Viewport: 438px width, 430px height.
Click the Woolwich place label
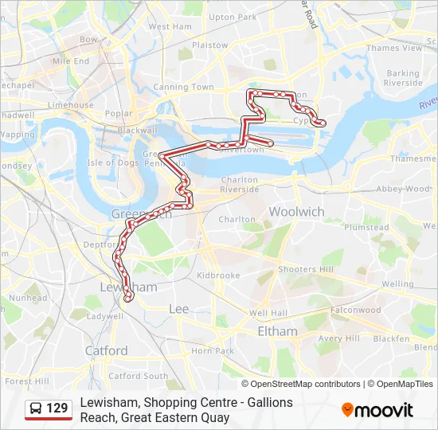point(296,212)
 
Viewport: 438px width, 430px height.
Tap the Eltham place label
point(277,331)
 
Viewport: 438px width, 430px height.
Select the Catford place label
point(106,350)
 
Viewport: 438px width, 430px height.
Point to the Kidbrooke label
point(217,276)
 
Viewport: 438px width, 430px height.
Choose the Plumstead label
point(367,228)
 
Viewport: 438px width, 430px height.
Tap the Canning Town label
point(183,87)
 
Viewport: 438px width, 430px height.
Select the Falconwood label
point(356,310)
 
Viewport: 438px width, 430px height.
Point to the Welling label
point(397,283)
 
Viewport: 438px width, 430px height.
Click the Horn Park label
point(213,350)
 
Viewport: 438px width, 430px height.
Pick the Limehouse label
point(71,105)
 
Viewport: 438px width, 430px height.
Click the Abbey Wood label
point(403,189)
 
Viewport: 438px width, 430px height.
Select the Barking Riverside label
point(403,78)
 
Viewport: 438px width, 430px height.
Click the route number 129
point(57,408)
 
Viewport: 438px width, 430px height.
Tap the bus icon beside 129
point(36,408)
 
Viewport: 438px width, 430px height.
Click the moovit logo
point(377,410)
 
